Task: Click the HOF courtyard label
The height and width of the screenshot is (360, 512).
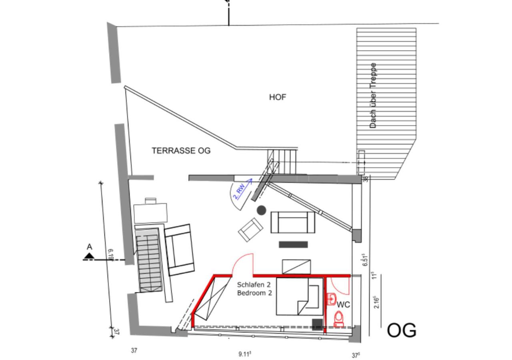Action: (278, 97)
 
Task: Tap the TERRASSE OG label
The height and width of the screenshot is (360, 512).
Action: (181, 151)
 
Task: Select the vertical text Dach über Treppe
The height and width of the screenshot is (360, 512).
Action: (372, 95)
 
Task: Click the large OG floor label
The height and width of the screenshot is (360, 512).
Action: (401, 330)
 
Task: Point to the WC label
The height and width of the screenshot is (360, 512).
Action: (343, 304)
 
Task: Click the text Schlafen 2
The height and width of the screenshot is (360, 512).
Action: (254, 285)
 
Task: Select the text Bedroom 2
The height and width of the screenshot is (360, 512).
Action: (254, 293)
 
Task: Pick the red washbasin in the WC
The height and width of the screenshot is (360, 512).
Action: (331, 299)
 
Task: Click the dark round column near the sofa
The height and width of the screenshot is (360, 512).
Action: (262, 210)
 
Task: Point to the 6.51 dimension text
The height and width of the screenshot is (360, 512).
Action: (365, 260)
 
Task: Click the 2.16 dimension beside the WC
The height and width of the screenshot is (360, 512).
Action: (376, 303)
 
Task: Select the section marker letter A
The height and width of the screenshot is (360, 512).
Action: (89, 247)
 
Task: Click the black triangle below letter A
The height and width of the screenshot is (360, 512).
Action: (89, 256)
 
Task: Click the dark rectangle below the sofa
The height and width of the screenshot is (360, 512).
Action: (293, 244)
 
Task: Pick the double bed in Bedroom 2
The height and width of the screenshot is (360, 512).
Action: (300, 296)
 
